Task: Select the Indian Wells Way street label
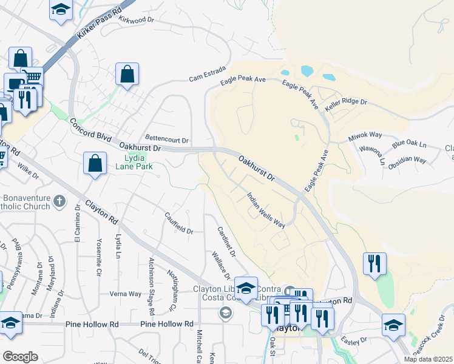pyautogui.click(x=266, y=210)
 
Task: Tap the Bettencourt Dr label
pyautogui.click(x=167, y=138)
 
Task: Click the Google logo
pyautogui.click(x=20, y=357)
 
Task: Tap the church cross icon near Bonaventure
pyautogui.click(x=59, y=201)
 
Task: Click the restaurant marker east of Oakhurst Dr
pyautogui.click(x=374, y=263)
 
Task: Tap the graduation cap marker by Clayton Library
pyautogui.click(x=246, y=288)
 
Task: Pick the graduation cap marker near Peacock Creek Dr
pyautogui.click(x=393, y=325)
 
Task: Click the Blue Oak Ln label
pyautogui.click(x=410, y=146)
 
